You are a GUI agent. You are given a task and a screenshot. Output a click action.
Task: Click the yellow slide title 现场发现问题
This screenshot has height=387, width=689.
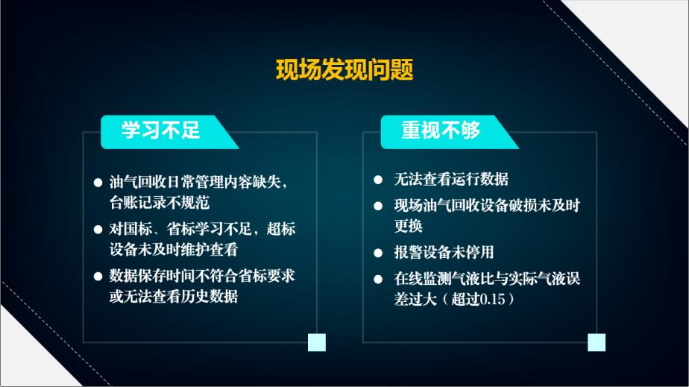click(x=344, y=69)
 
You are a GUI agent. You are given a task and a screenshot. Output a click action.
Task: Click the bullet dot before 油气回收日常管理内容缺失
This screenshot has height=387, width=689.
click(x=98, y=182)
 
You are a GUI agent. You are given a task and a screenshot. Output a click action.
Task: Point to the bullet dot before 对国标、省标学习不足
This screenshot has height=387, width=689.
click(x=98, y=230)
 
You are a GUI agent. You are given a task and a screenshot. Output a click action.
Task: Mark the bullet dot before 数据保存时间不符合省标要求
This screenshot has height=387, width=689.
click(x=98, y=277)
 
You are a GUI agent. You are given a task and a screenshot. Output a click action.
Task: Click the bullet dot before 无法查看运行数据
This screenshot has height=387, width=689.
click(x=378, y=180)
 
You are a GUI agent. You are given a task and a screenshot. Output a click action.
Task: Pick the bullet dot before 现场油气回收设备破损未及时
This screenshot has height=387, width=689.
click(x=378, y=206)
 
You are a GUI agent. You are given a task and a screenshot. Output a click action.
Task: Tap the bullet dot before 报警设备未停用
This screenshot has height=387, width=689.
click(x=378, y=253)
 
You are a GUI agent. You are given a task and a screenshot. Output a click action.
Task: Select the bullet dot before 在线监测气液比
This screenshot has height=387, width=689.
click(x=378, y=279)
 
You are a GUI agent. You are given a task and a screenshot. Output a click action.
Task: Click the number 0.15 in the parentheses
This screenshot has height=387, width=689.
click(x=492, y=299)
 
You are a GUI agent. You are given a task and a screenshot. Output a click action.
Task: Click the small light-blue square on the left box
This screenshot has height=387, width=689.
click(x=317, y=342)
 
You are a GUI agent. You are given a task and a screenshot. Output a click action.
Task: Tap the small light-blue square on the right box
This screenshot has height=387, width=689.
click(x=597, y=342)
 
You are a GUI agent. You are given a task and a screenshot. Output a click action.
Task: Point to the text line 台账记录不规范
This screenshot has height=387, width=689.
click(x=160, y=203)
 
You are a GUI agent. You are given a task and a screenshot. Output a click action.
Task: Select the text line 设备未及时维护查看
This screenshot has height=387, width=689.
click(x=174, y=250)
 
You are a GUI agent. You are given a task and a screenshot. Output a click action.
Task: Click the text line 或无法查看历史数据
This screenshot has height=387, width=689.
click(x=174, y=297)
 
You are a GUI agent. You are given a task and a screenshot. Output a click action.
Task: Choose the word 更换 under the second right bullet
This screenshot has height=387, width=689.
click(x=408, y=226)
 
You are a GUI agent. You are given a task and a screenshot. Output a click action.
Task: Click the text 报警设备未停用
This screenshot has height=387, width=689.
click(x=444, y=252)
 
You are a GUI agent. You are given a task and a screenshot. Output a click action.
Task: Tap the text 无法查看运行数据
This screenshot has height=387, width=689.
click(x=451, y=179)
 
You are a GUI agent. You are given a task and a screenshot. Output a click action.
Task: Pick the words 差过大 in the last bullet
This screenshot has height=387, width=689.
click(x=415, y=299)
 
